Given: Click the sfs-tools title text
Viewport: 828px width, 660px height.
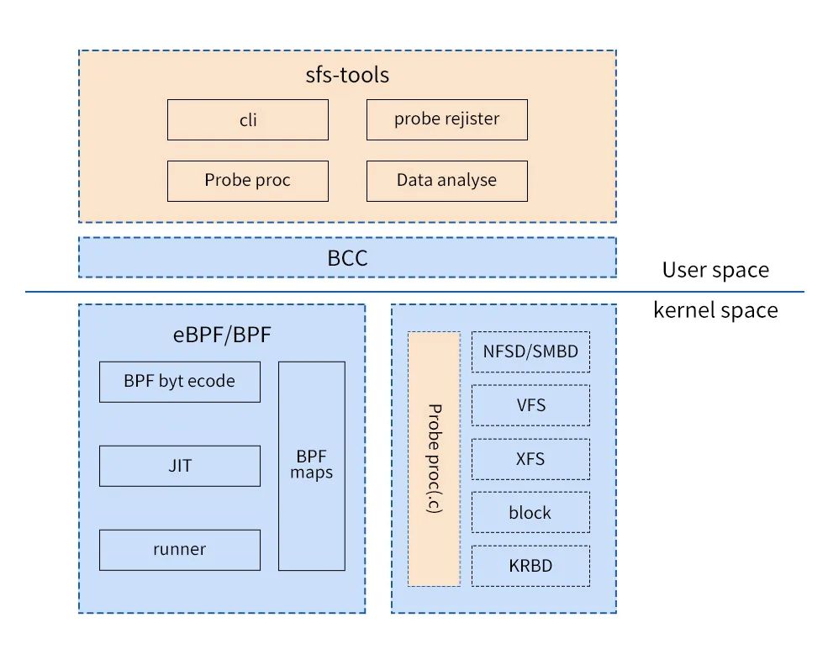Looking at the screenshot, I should (x=347, y=75).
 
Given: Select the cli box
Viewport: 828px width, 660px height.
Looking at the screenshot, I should (x=247, y=119).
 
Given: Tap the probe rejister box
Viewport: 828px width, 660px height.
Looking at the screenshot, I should (x=446, y=119).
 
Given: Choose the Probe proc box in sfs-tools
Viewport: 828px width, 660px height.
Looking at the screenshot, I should (x=247, y=181).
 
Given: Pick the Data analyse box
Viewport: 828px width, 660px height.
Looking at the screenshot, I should (x=446, y=181).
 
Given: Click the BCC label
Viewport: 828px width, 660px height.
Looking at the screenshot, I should (x=347, y=257).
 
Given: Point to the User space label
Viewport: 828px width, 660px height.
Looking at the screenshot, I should (x=715, y=270).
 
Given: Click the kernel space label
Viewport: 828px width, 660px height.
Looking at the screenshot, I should (x=715, y=310).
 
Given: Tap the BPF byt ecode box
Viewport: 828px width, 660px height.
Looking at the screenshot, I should (x=180, y=382).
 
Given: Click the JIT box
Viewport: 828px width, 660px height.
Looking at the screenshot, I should (x=180, y=466).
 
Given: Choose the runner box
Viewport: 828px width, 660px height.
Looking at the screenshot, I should (x=180, y=550).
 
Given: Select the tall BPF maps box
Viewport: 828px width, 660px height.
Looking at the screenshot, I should (x=312, y=466).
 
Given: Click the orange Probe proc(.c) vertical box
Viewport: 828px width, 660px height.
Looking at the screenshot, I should (x=434, y=459).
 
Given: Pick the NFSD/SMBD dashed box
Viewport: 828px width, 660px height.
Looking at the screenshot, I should (x=530, y=351).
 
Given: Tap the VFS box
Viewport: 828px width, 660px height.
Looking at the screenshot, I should (x=530, y=405).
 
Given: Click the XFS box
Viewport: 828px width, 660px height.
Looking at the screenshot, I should (x=530, y=459).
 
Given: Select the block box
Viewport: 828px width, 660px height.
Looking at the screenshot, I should (x=530, y=512).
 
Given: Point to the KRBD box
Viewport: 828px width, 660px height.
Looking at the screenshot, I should (x=530, y=566).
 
